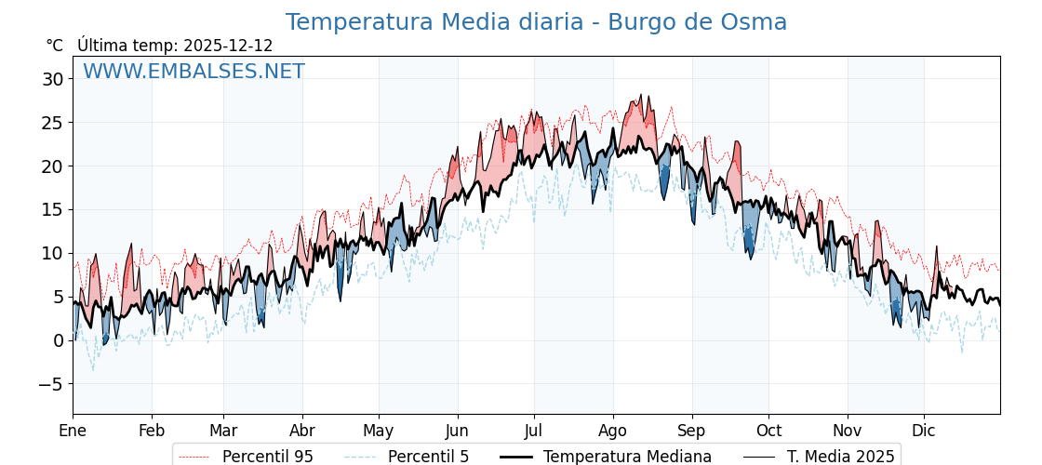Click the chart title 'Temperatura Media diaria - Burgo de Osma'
(536, 22)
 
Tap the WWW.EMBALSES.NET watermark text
(194, 72)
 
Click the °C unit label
(55, 46)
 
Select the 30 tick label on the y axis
(52, 79)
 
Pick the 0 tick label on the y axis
(59, 340)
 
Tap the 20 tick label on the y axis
(52, 166)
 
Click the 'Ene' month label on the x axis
(73, 431)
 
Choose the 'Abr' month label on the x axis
(301, 431)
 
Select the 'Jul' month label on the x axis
(533, 431)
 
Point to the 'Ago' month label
(612, 431)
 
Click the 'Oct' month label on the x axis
(768, 431)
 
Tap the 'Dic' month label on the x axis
(924, 431)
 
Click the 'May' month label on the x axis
(379, 431)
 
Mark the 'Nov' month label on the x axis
(847, 431)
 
